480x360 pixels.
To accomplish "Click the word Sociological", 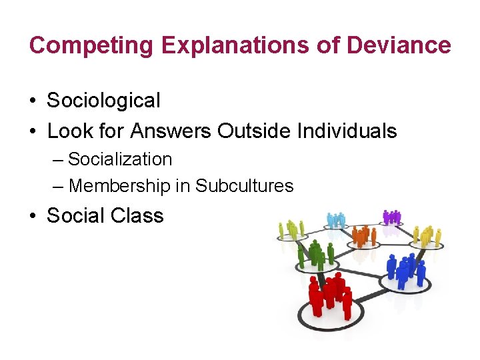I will click(103, 101).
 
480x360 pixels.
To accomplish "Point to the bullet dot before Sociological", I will click(33, 101).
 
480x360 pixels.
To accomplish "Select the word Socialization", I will click(120, 159).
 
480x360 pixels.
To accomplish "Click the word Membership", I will click(119, 186).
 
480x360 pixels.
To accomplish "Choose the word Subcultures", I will click(245, 186).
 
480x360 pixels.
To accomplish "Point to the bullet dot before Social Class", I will click(33, 217).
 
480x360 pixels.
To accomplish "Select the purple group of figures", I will click(392, 217).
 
